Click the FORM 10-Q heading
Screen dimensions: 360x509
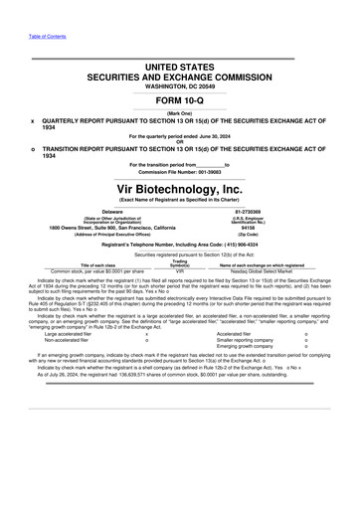coord(179,100)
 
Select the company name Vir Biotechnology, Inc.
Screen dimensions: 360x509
coord(179,187)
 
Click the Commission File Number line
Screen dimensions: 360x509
coord(179,172)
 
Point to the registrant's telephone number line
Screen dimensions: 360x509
coord(179,245)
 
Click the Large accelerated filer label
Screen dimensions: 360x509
coord(58,334)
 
